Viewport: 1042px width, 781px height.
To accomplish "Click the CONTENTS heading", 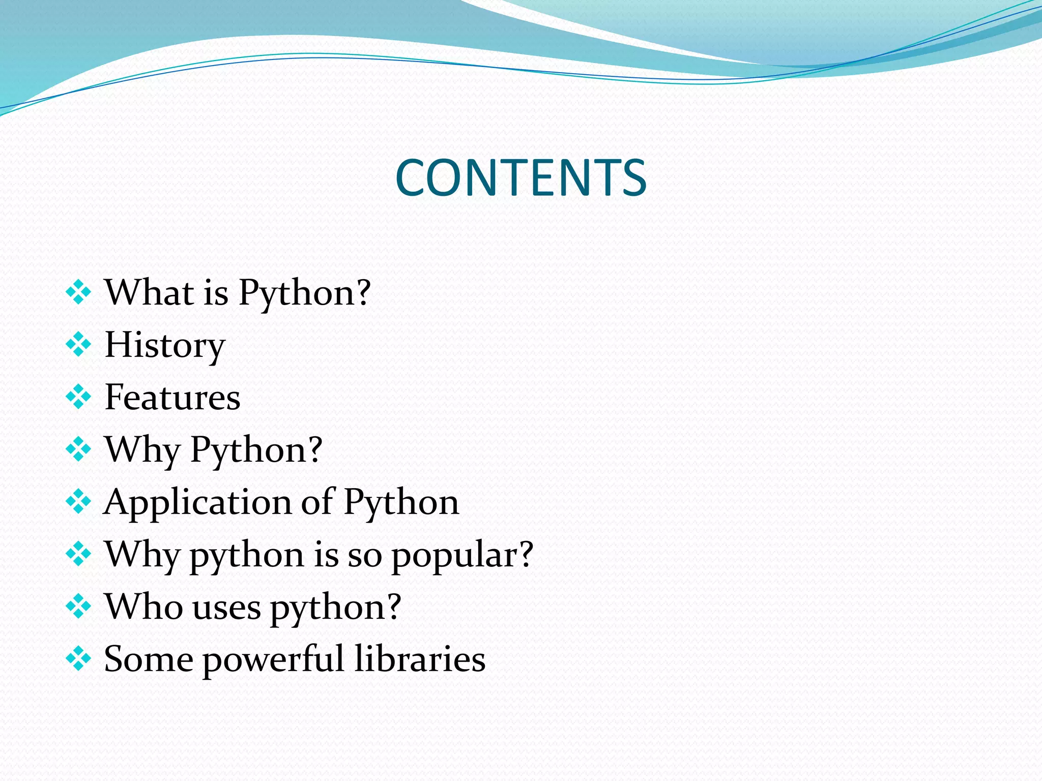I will click(x=520, y=177).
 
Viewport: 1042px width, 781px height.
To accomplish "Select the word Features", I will click(x=172, y=398).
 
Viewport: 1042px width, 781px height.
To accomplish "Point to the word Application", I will click(x=197, y=502).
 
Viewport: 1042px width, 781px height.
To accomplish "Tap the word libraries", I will click(x=420, y=659).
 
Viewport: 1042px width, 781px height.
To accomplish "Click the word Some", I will click(x=148, y=659).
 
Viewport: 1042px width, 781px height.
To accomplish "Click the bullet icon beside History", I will click(x=78, y=345).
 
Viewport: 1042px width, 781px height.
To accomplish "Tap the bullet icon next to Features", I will click(x=78, y=397).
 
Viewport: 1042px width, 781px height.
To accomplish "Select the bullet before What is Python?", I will click(x=78, y=293).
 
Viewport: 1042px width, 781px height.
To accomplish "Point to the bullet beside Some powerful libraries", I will click(x=78, y=659).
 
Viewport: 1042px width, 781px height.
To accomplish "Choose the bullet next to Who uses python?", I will click(x=78, y=607).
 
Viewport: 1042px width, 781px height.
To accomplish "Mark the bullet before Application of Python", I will click(x=78, y=502).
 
